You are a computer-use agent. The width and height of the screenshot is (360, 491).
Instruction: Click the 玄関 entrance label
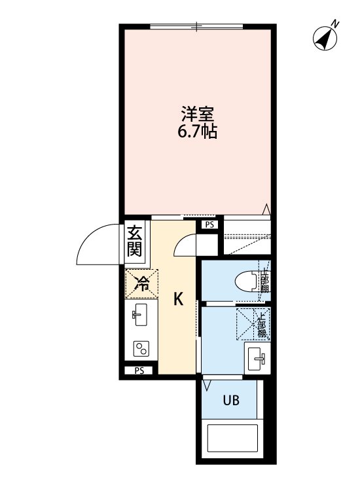pyautogui.click(x=135, y=240)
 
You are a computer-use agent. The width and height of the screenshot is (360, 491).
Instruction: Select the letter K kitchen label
pyautogui.click(x=177, y=299)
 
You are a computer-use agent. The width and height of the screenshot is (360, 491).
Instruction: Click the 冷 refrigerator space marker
pyautogui.click(x=140, y=283)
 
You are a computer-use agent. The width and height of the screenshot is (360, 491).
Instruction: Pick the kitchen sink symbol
pyautogui.click(x=139, y=316)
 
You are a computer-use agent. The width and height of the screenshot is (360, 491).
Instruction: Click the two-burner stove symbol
pyautogui.click(x=140, y=348)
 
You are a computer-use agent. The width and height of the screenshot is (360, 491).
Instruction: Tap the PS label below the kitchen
pyautogui.click(x=139, y=371)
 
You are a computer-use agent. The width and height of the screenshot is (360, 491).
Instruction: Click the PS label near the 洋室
pyautogui.click(x=209, y=225)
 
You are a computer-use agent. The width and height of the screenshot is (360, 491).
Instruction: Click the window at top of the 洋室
pyautogui.click(x=197, y=26)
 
